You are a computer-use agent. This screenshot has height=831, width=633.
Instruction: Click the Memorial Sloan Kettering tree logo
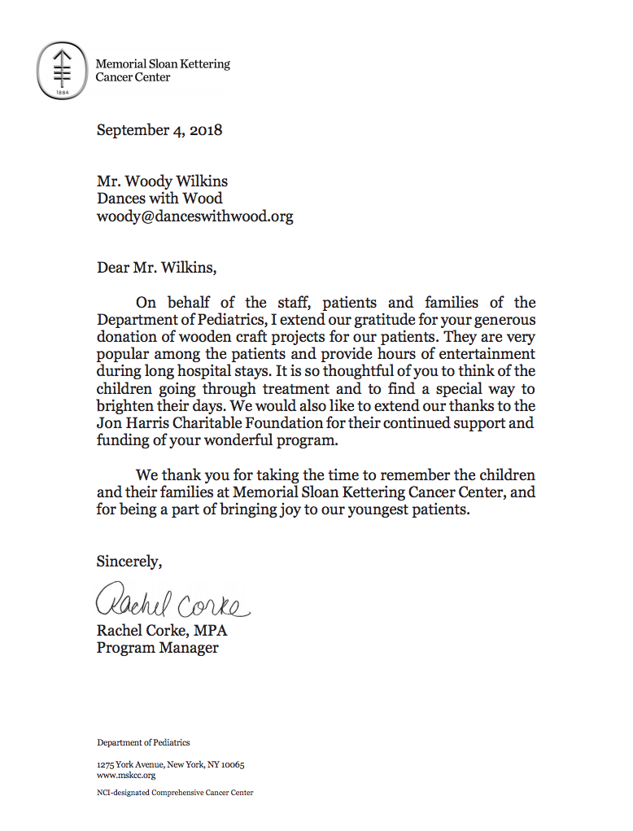pyautogui.click(x=63, y=71)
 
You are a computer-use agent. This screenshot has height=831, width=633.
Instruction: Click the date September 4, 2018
pyautogui.click(x=159, y=129)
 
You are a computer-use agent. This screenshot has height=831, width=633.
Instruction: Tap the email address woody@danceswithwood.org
pyautogui.click(x=195, y=216)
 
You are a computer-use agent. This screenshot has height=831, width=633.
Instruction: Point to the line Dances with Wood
pyautogui.click(x=159, y=199)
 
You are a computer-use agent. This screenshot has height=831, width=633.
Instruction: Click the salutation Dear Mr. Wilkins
pyautogui.click(x=157, y=267)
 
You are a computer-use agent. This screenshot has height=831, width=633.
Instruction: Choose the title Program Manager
pyautogui.click(x=158, y=649)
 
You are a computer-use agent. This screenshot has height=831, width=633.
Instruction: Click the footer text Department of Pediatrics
pyautogui.click(x=143, y=742)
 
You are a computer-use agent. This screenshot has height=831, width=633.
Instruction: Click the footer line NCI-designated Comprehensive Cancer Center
pyautogui.click(x=175, y=793)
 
